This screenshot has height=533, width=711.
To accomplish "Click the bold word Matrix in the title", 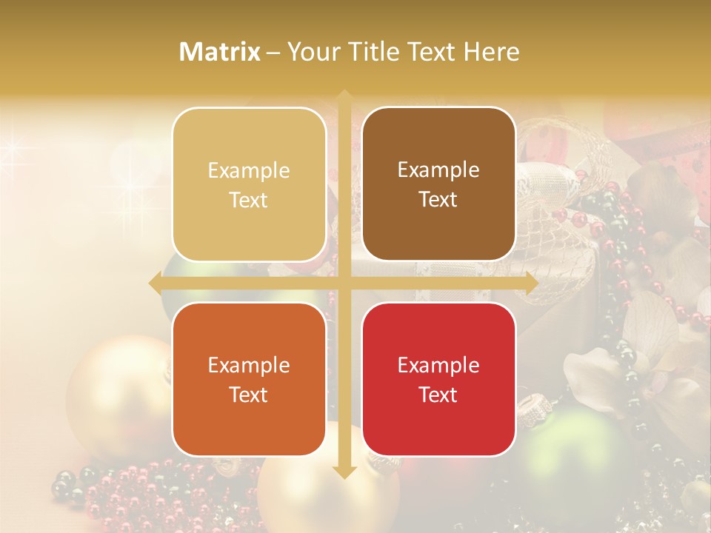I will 220,52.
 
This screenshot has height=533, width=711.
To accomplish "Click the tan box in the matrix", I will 249,185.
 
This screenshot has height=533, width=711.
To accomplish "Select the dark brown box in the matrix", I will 438,184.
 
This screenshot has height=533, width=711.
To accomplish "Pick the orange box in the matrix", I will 249,379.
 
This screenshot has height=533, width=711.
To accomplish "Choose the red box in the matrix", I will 438,379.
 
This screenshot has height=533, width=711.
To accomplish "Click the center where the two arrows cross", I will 344,284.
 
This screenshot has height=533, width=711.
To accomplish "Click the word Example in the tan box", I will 249,171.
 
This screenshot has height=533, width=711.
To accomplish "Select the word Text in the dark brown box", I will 438,200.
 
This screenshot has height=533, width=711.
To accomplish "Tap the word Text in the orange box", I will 249,395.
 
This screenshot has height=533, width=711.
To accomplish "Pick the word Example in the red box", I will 438,365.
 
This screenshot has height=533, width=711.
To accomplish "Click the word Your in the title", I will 312,52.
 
